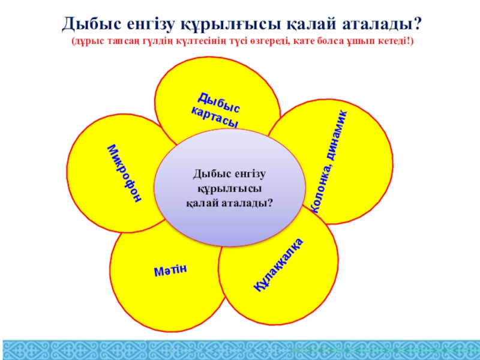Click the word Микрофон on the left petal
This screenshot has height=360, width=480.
pyautogui.click(x=125, y=173)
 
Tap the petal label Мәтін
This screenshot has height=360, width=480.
pyautogui.click(x=170, y=270)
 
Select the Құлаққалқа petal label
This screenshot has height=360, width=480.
pyautogui.click(x=278, y=265)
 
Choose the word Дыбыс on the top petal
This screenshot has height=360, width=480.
pyautogui.click(x=218, y=103)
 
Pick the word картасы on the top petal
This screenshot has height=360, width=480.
pyautogui.click(x=215, y=118)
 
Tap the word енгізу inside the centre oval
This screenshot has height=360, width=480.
pyautogui.click(x=250, y=174)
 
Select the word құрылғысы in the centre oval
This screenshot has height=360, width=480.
pyautogui.click(x=230, y=188)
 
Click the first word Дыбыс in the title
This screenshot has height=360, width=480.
pyautogui.click(x=92, y=24)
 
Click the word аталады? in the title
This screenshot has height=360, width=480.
pyautogui.click(x=382, y=24)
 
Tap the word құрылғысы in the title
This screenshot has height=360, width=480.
pyautogui.click(x=231, y=25)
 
